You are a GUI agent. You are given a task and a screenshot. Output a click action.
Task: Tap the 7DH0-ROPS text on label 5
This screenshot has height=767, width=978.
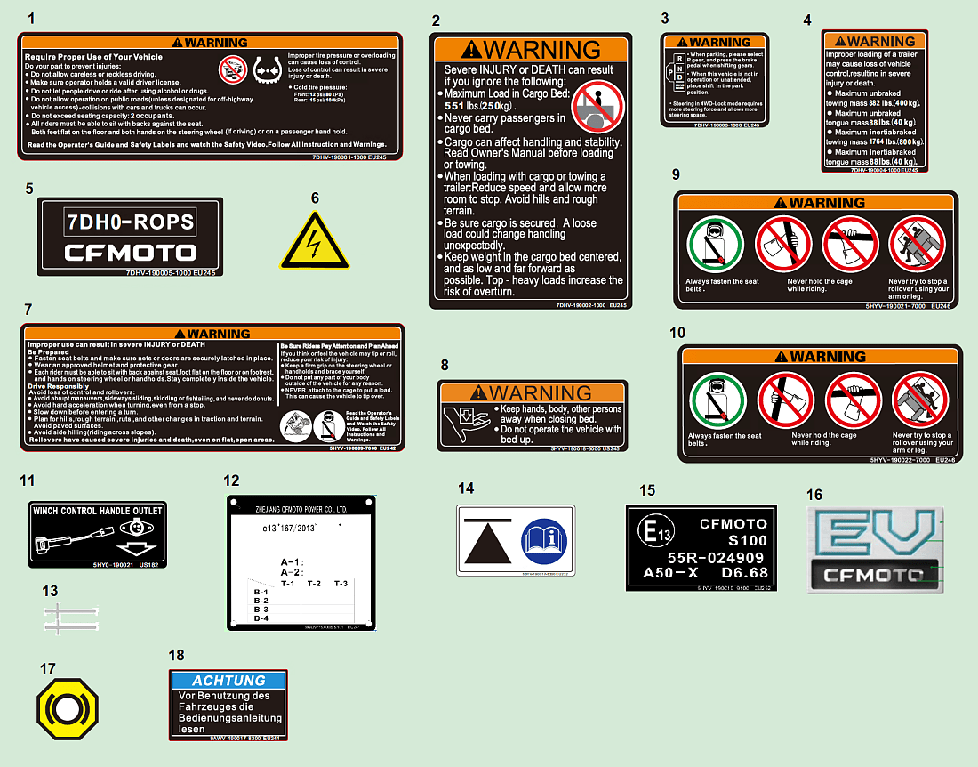(x=130, y=222)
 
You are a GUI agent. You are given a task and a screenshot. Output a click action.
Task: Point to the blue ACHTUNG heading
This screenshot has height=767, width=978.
(x=228, y=680)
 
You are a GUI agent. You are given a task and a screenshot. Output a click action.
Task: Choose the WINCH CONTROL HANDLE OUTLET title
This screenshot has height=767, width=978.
(x=98, y=511)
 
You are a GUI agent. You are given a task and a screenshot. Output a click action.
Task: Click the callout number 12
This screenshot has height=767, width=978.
(x=231, y=480)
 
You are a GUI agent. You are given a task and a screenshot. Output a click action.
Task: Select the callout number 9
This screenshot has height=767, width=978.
(x=677, y=174)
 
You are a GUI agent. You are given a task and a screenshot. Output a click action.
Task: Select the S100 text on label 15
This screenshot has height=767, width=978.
(x=747, y=540)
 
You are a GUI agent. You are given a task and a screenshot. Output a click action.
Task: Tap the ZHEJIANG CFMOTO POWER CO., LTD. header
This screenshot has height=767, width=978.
(x=301, y=509)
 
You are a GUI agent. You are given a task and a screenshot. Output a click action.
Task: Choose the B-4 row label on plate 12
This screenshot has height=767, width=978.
(x=261, y=618)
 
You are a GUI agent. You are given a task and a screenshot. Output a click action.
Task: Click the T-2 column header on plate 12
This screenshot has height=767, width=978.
(x=314, y=584)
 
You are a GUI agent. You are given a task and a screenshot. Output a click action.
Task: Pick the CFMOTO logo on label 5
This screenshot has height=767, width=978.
(x=130, y=252)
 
